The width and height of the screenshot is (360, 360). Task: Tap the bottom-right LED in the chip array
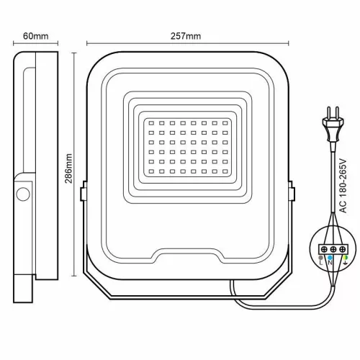coord(225,174)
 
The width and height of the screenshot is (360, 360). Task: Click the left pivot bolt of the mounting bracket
coord(84,193)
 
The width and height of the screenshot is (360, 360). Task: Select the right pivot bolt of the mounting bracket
coord(293,193)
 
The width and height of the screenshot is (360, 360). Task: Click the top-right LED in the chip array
coord(225,123)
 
